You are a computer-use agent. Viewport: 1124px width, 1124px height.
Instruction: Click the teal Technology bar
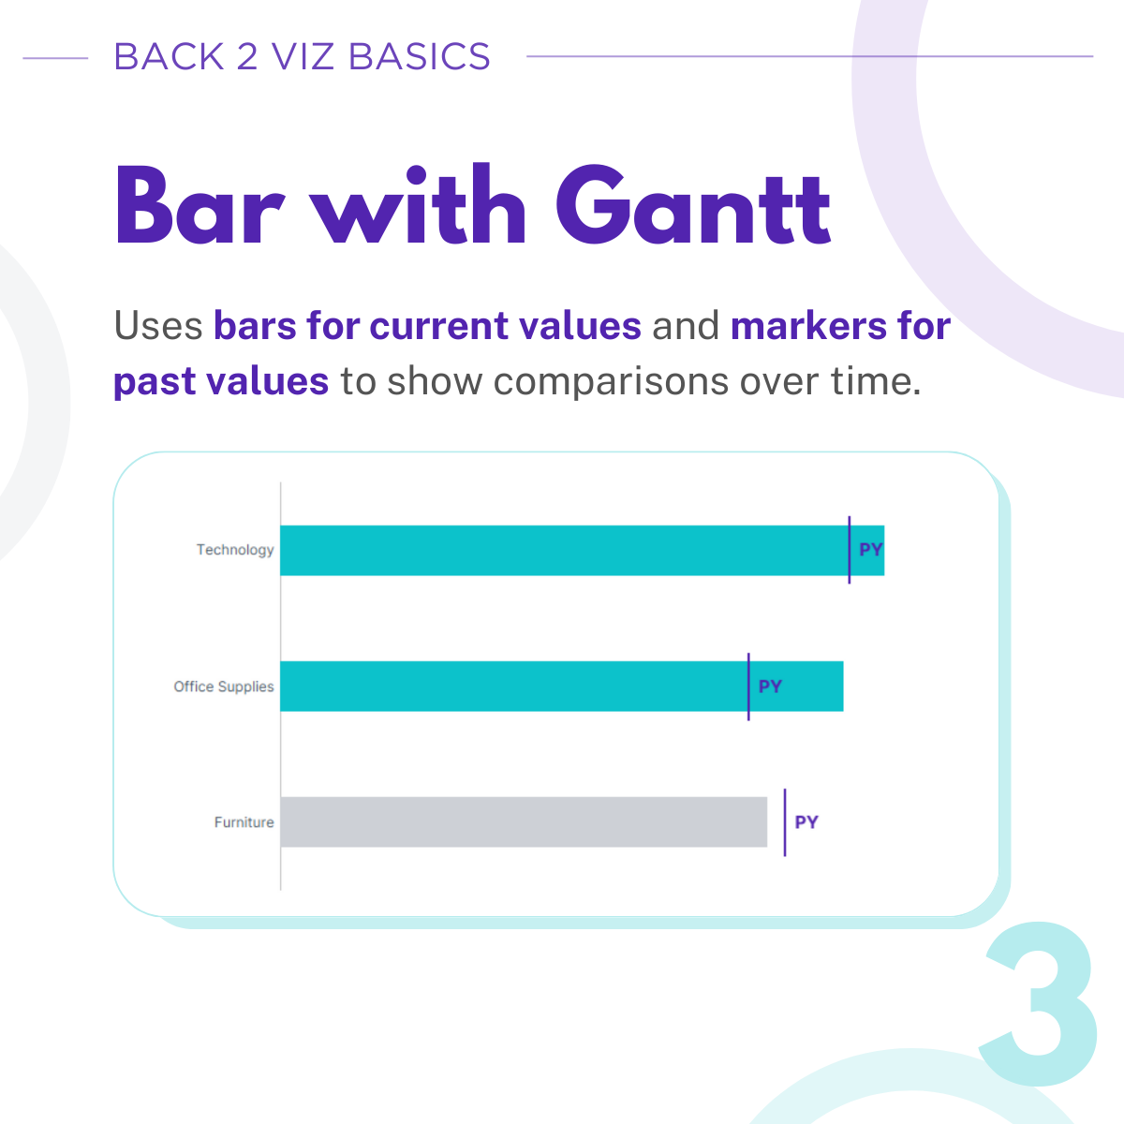coord(582,550)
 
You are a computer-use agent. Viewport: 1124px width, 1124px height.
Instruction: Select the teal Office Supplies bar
coord(562,686)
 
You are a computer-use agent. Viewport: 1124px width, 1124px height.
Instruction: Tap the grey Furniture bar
coord(524,821)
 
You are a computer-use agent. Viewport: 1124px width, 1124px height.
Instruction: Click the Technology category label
coord(235,550)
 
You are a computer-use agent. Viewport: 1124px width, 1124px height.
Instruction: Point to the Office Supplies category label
coord(224,687)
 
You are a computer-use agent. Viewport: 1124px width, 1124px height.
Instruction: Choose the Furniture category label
coord(244,822)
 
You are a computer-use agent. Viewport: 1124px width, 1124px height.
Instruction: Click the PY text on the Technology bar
coord(871,550)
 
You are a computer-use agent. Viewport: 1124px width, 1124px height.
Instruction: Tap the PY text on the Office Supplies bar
coord(770,686)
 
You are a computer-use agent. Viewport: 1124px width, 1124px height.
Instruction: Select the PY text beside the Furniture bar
coord(806,821)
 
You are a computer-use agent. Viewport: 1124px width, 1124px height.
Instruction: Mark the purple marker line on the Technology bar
coord(850,550)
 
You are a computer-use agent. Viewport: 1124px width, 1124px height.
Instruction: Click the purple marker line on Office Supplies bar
coord(748,687)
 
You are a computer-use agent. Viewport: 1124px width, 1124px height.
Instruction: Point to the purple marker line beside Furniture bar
coord(785,822)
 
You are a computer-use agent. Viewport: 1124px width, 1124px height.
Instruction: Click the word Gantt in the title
coord(693,205)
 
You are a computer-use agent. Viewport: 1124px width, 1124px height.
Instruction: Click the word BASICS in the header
coord(420,56)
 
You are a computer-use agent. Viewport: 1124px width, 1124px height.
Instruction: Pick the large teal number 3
coord(1037,1002)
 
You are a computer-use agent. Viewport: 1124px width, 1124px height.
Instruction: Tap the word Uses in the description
coord(158,325)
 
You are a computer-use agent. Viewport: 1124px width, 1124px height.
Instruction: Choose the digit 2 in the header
coord(247,56)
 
